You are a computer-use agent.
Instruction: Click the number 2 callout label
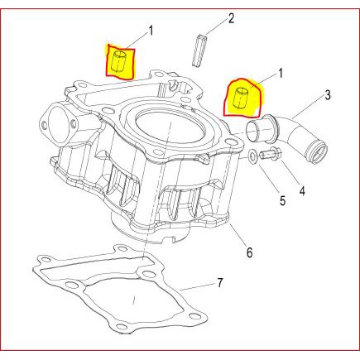231,18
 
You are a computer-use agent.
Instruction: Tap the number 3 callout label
327,95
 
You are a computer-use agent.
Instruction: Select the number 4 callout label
302,190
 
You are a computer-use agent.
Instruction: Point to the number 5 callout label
282,200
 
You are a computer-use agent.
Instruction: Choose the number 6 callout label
249,252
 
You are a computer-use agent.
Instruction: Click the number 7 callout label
219,283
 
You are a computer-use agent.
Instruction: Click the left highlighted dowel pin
119,61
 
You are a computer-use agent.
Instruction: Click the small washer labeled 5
252,156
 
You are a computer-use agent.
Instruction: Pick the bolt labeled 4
271,154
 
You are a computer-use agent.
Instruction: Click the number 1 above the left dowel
151,31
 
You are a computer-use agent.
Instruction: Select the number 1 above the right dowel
281,74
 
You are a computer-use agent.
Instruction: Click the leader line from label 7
197,287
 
